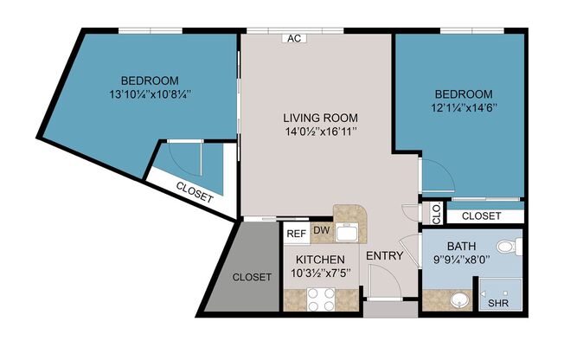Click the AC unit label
tap(294, 38)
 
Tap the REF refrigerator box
tap(297, 232)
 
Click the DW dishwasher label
tap(321, 230)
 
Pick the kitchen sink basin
tap(348, 231)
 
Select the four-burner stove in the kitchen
tap(321, 299)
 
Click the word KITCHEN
tap(321, 260)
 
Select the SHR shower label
tap(499, 304)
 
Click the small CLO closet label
tap(436, 210)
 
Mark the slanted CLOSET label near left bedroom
tap(195, 193)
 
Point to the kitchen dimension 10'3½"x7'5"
tap(321, 273)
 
